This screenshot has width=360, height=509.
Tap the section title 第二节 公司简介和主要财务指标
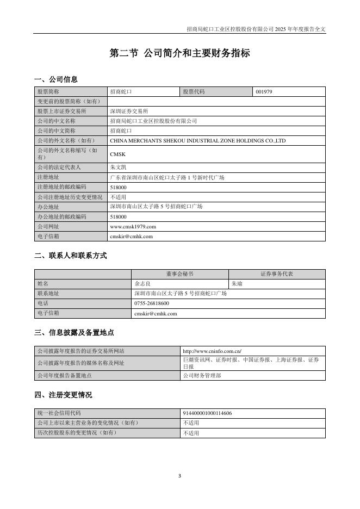pyautogui.click(x=179, y=53)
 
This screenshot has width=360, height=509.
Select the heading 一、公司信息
pyautogui.click(x=55, y=79)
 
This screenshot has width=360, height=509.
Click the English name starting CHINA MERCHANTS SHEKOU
pyautogui.click(x=197, y=141)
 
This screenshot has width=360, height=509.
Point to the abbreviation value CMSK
pyautogui.click(x=117, y=154)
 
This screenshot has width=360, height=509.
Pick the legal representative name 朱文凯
pyautogui.click(x=118, y=167)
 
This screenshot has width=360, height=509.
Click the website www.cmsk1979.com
pyautogui.click(x=133, y=226)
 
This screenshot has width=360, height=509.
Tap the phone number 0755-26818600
pyautogui.click(x=151, y=303)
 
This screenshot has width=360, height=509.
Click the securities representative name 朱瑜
pyautogui.click(x=237, y=284)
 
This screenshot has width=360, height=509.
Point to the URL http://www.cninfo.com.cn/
pyautogui.click(x=212, y=351)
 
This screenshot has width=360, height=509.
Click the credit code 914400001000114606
pyautogui.click(x=207, y=413)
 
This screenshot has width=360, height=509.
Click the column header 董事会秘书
pyautogui.click(x=179, y=274)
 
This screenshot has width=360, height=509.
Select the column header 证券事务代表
pyautogui.click(x=277, y=274)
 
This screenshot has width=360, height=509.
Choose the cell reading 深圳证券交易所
pyautogui.click(x=128, y=111)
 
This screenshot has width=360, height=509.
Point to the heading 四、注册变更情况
pyautogui.click(x=63, y=395)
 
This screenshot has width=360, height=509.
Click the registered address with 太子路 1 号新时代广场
pyautogui.click(x=167, y=177)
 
